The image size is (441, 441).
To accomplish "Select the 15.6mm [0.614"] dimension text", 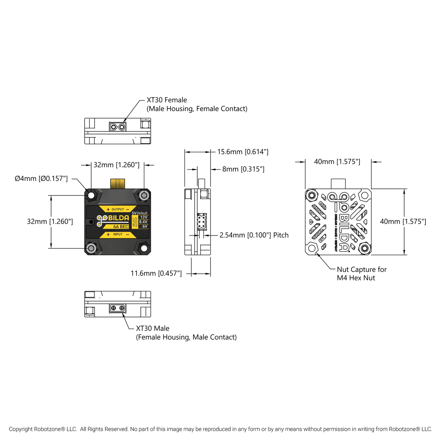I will click(243, 152).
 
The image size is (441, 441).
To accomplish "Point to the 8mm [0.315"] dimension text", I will click(243, 169).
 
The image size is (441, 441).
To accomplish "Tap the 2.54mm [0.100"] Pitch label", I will click(254, 235).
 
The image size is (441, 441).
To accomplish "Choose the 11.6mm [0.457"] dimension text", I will click(156, 273).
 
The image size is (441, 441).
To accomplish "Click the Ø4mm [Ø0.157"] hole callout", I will click(41, 179).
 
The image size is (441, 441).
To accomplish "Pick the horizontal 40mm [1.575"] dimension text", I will click(337, 162).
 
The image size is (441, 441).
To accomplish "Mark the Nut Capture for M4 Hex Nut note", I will click(361, 273).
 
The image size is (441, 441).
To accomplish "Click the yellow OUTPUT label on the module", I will click(117, 209).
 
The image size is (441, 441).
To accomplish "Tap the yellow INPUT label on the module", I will click(117, 234).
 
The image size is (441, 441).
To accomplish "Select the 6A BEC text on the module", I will click(121, 226).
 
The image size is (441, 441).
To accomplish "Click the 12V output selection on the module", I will click(143, 217).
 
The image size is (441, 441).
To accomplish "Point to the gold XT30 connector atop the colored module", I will click(117, 183).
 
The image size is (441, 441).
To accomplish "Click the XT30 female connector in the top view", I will click(117, 126).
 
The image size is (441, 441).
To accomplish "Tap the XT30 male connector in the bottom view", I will click(117, 308).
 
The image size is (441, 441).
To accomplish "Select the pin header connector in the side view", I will click(201, 222).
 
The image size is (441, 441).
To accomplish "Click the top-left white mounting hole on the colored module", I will click(91, 195).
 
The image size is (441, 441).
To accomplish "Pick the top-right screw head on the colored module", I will click(144, 195).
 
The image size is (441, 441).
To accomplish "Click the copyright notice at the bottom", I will click(220, 429).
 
